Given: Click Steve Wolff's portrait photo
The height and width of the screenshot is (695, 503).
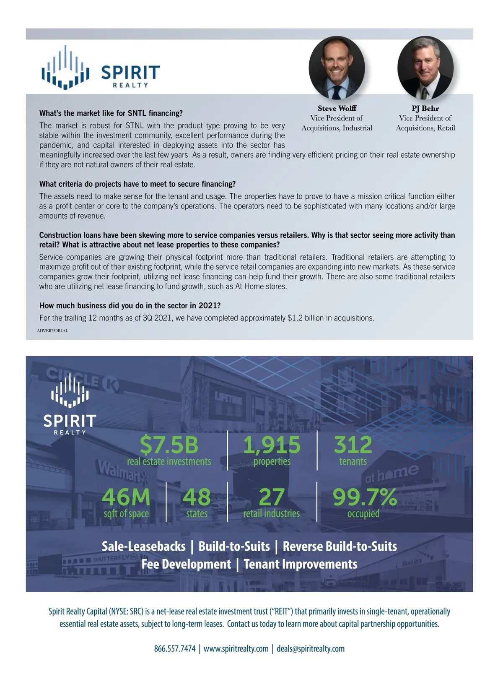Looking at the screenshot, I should point(337,68).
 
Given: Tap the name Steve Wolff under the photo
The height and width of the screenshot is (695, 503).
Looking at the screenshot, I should point(337,108).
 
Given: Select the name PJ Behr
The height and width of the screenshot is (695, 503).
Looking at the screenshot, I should point(425,108).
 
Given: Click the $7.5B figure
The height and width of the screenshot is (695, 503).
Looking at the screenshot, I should point(169,445).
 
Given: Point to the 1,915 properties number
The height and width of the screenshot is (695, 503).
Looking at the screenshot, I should point(272,445).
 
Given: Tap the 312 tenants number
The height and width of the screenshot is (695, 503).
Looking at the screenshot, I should point(353,445).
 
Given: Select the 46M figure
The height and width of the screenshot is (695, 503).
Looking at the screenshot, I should point(126,497).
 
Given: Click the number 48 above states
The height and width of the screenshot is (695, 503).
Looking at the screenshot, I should point(197,497).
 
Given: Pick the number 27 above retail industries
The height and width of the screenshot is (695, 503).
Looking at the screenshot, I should point(272,497).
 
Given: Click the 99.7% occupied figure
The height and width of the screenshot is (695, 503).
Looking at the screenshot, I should point(364,497).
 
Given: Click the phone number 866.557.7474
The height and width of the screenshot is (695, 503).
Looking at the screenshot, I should point(175,648).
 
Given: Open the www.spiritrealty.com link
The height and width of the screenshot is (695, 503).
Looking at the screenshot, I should point(236,648).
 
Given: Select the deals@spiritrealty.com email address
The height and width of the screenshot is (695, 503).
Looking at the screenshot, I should point(311,648).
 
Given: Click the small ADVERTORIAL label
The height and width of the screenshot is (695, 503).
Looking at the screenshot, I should point(52,331).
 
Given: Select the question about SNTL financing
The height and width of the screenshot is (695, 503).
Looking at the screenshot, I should point(111,113).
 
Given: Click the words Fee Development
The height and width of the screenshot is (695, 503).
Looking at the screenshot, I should point(186,564).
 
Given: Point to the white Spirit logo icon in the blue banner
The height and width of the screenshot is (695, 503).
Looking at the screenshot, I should point(70,390).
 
